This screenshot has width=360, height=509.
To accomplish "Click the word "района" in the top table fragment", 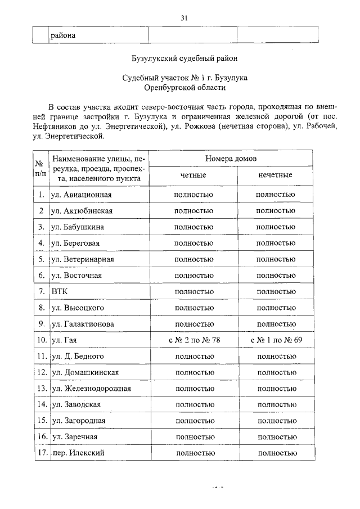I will click(63, 36).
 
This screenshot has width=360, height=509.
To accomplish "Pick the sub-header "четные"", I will click(193, 175).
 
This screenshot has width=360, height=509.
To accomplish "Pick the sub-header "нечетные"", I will click(275, 175).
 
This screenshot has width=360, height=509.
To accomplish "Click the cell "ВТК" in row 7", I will click(59, 291).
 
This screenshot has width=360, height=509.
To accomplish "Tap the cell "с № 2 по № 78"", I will click(194, 340).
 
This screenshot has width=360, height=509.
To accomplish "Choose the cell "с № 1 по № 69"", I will click(275, 340).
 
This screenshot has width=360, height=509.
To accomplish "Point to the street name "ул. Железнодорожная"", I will click(91, 388).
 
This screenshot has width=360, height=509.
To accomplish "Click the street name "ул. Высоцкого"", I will click(77, 308).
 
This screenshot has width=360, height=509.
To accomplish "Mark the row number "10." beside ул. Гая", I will click(41, 340).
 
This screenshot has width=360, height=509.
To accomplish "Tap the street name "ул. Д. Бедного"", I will click(77, 356).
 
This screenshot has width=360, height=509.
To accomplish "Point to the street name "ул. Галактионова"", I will click(83, 324).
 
